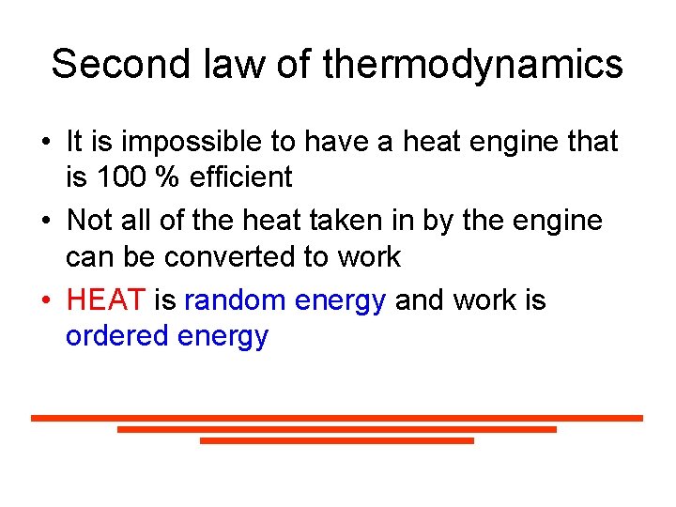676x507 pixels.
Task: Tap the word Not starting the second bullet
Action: (x=90, y=221)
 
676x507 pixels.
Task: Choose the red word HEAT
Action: (x=106, y=300)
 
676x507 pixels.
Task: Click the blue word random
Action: (x=235, y=300)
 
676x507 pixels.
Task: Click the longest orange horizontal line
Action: (x=337, y=418)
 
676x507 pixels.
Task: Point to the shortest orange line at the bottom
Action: (x=337, y=440)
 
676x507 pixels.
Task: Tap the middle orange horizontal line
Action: (x=337, y=429)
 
